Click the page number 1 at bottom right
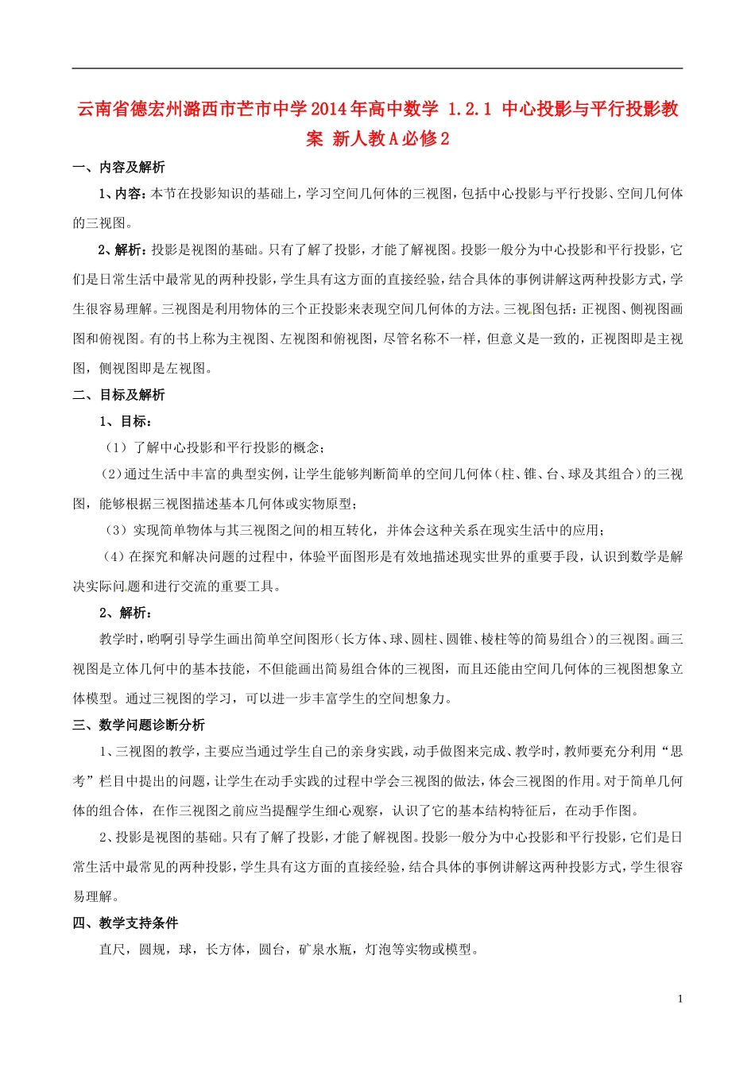click(x=680, y=999)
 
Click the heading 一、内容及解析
click(x=119, y=167)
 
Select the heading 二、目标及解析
click(x=119, y=395)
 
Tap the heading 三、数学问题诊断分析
click(x=139, y=725)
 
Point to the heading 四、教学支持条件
click(x=126, y=923)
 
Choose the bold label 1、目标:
click(x=126, y=421)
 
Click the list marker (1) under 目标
click(x=116, y=447)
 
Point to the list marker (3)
click(x=116, y=530)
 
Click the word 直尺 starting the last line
click(x=112, y=949)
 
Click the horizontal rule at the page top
click(x=377, y=68)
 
